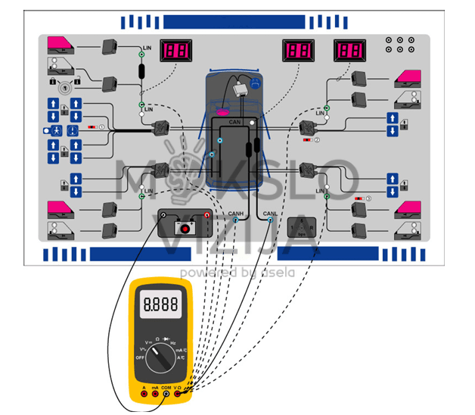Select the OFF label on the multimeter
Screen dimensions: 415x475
click(139, 357)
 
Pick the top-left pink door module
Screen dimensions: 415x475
click(59, 45)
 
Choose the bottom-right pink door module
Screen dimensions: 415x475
click(408, 208)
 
